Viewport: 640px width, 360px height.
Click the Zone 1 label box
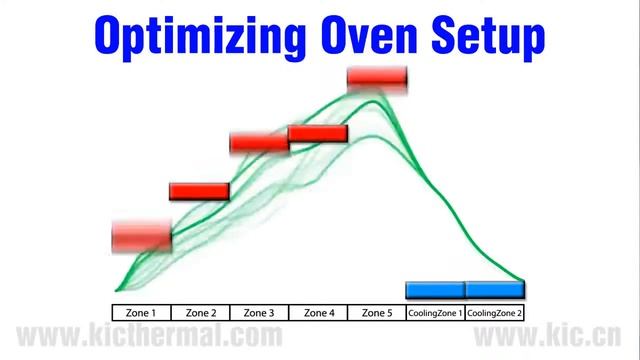click(141, 312)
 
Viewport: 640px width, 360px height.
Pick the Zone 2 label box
click(200, 312)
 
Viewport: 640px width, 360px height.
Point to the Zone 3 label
click(259, 312)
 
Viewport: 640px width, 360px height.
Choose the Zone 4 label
click(318, 312)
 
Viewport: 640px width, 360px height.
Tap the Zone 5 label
click(376, 312)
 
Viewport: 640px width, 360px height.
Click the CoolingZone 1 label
click(435, 312)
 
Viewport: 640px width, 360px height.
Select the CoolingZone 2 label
click(495, 312)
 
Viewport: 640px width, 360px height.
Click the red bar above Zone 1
click(141, 237)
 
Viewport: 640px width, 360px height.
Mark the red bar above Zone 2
click(199, 191)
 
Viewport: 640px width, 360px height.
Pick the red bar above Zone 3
click(259, 142)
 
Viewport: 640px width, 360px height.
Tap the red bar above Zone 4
click(318, 133)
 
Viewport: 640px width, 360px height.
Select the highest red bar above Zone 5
click(377, 77)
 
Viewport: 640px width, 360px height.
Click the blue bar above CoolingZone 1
click(435, 290)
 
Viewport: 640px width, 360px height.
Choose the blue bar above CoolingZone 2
click(495, 290)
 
